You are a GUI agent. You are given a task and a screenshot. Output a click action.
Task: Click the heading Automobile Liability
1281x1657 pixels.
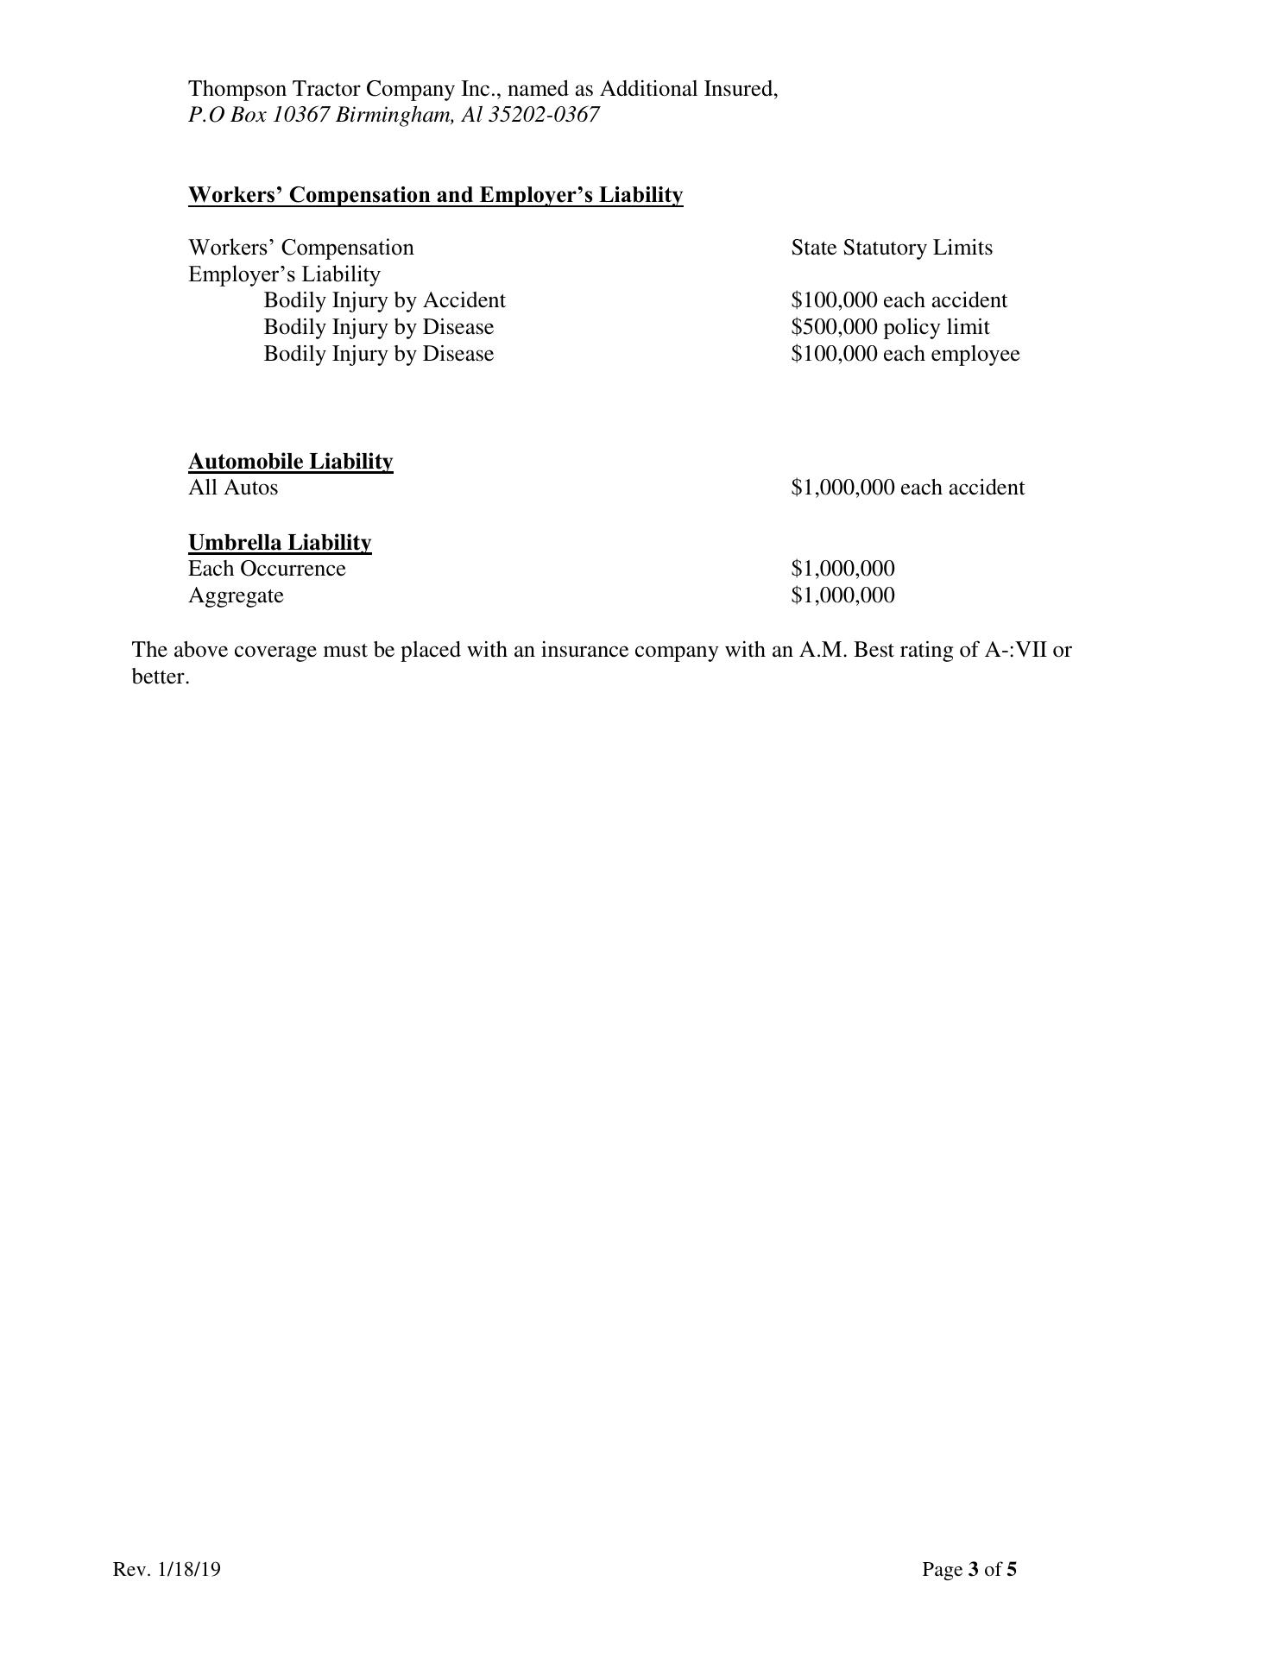[290, 462]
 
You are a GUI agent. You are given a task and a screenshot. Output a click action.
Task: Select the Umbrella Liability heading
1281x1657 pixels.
[280, 543]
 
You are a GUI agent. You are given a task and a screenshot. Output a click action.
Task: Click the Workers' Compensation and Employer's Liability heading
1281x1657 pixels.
[435, 195]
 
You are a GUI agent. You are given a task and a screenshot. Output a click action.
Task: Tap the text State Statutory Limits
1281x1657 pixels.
[891, 249]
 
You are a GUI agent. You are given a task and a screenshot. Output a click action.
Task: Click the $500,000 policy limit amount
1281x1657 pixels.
[890, 328]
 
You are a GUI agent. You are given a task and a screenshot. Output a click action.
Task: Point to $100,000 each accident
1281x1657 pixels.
[899, 301]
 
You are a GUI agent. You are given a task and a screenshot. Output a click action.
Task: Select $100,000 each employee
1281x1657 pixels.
[905, 355]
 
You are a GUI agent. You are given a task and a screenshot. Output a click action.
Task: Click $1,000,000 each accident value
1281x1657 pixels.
[907, 488]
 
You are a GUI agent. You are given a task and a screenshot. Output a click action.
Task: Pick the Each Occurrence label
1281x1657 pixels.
[267, 570]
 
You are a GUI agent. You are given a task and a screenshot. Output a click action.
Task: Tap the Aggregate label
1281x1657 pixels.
[236, 596]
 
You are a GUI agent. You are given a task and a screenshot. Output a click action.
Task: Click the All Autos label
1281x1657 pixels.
[233, 488]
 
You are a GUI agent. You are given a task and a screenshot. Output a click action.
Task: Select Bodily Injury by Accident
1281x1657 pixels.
[384, 301]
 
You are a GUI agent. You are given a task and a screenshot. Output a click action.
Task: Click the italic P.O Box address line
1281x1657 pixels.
[393, 116]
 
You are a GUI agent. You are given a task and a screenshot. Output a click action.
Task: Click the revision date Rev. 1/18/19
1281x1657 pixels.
[167, 1570]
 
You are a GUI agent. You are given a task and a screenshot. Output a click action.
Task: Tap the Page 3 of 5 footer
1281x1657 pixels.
[969, 1570]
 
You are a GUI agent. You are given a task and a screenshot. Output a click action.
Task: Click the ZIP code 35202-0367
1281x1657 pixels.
[543, 116]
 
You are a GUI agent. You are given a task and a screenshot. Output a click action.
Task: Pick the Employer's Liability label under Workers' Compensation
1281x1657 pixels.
[284, 275]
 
